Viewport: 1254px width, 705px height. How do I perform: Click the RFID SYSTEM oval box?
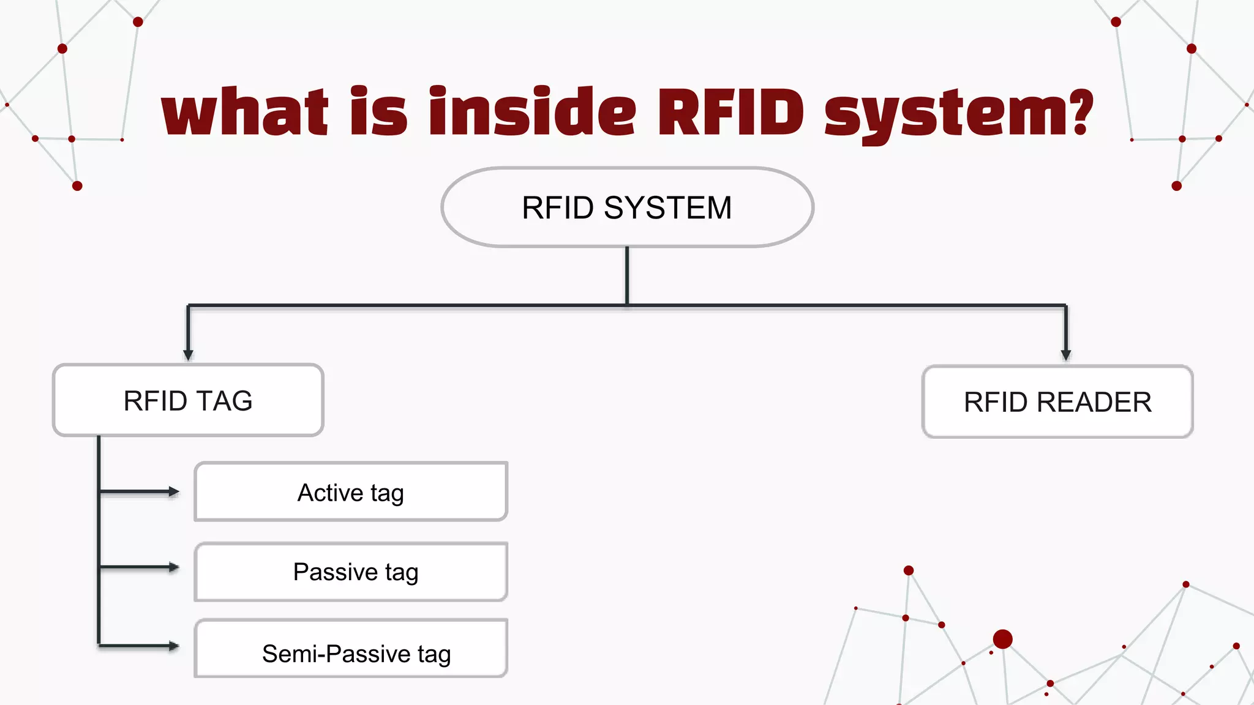coord(627,207)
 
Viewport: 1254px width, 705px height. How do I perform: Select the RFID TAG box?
coord(188,400)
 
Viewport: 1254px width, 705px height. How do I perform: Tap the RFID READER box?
coord(1057,402)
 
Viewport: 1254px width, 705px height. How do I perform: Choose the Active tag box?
coord(351,492)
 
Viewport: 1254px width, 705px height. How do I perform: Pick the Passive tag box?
coord(351,572)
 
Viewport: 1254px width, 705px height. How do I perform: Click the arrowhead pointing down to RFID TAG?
coord(188,354)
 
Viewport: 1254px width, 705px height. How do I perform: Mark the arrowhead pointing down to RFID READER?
coord(1065,354)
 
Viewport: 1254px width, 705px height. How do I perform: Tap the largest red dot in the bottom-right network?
coord(1002,639)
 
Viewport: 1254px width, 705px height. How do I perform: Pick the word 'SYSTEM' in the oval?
coord(667,208)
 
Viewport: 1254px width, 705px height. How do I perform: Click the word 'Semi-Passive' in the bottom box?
coord(336,654)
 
